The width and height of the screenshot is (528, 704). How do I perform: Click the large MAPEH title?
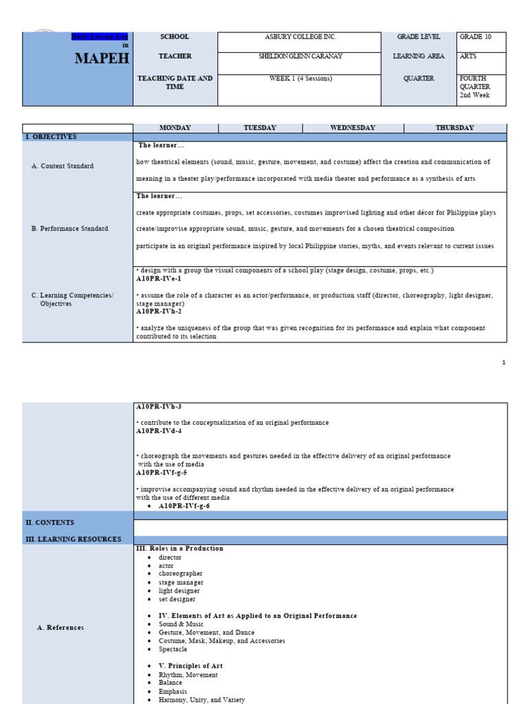pyautogui.click(x=102, y=58)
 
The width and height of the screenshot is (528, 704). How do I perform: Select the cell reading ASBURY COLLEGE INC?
pyautogui.click(x=300, y=37)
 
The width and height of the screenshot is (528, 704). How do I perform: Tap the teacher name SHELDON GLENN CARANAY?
pyautogui.click(x=300, y=56)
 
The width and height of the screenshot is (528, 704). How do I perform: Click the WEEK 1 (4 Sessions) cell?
pyautogui.click(x=300, y=78)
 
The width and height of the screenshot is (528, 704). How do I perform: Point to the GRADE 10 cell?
pyautogui.click(x=481, y=37)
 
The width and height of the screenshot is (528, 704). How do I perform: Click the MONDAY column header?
pyautogui.click(x=175, y=128)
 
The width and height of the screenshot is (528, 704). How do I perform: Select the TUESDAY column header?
pyautogui.click(x=260, y=128)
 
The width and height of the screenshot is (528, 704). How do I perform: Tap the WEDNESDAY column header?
pyautogui.click(x=353, y=128)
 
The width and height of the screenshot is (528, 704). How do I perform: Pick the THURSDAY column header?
pyautogui.click(x=454, y=128)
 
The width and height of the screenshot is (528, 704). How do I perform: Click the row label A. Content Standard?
pyautogui.click(x=63, y=166)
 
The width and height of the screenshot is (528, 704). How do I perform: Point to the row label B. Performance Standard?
pyautogui.click(x=69, y=229)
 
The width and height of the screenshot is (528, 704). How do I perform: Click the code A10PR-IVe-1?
pyautogui.click(x=158, y=279)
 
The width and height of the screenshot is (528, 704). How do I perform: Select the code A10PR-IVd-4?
pyautogui.click(x=161, y=431)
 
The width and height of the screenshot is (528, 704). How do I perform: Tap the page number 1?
pyautogui.click(x=503, y=362)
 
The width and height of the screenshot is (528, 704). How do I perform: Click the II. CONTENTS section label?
pyautogui.click(x=49, y=523)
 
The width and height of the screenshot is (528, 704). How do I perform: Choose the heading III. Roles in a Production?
pyautogui.click(x=179, y=549)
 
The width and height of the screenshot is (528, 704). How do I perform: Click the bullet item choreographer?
pyautogui.click(x=180, y=574)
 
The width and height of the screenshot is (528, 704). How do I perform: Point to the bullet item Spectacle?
pyautogui.click(x=173, y=649)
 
